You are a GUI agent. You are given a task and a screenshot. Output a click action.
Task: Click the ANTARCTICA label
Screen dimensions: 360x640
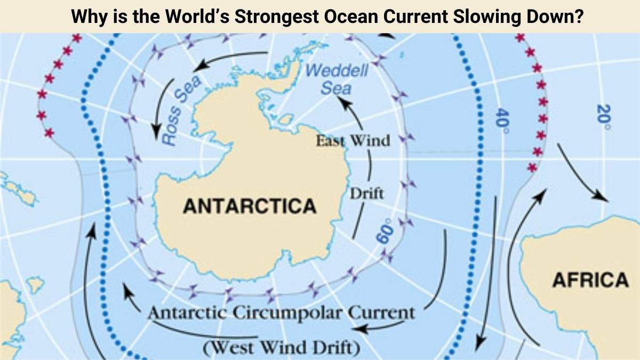tap(249, 206)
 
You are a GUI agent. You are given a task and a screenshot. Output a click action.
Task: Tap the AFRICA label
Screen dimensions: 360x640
tap(590, 280)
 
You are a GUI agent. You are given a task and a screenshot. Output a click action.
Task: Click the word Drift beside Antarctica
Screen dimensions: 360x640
tap(366, 193)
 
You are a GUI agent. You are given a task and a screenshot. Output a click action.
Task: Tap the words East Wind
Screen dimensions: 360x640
tap(353, 141)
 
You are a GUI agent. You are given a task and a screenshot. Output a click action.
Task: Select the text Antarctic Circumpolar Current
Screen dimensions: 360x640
tap(281, 313)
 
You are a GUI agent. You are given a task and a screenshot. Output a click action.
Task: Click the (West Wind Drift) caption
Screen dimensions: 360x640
tap(281, 348)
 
